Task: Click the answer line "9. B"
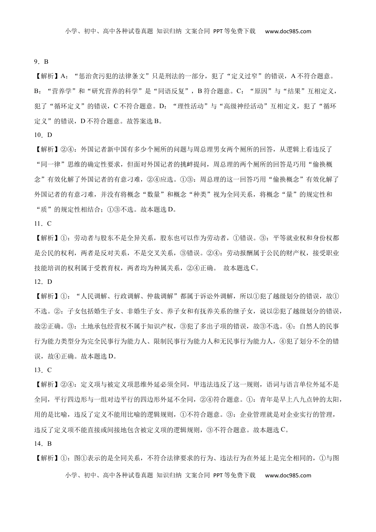(x=41, y=61)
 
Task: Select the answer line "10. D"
(x=43, y=135)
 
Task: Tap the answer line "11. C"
(x=43, y=224)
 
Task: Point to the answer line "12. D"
(x=43, y=282)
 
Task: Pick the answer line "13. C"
(x=43, y=370)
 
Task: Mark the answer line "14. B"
(x=43, y=444)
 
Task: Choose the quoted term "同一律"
(x=51, y=164)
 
